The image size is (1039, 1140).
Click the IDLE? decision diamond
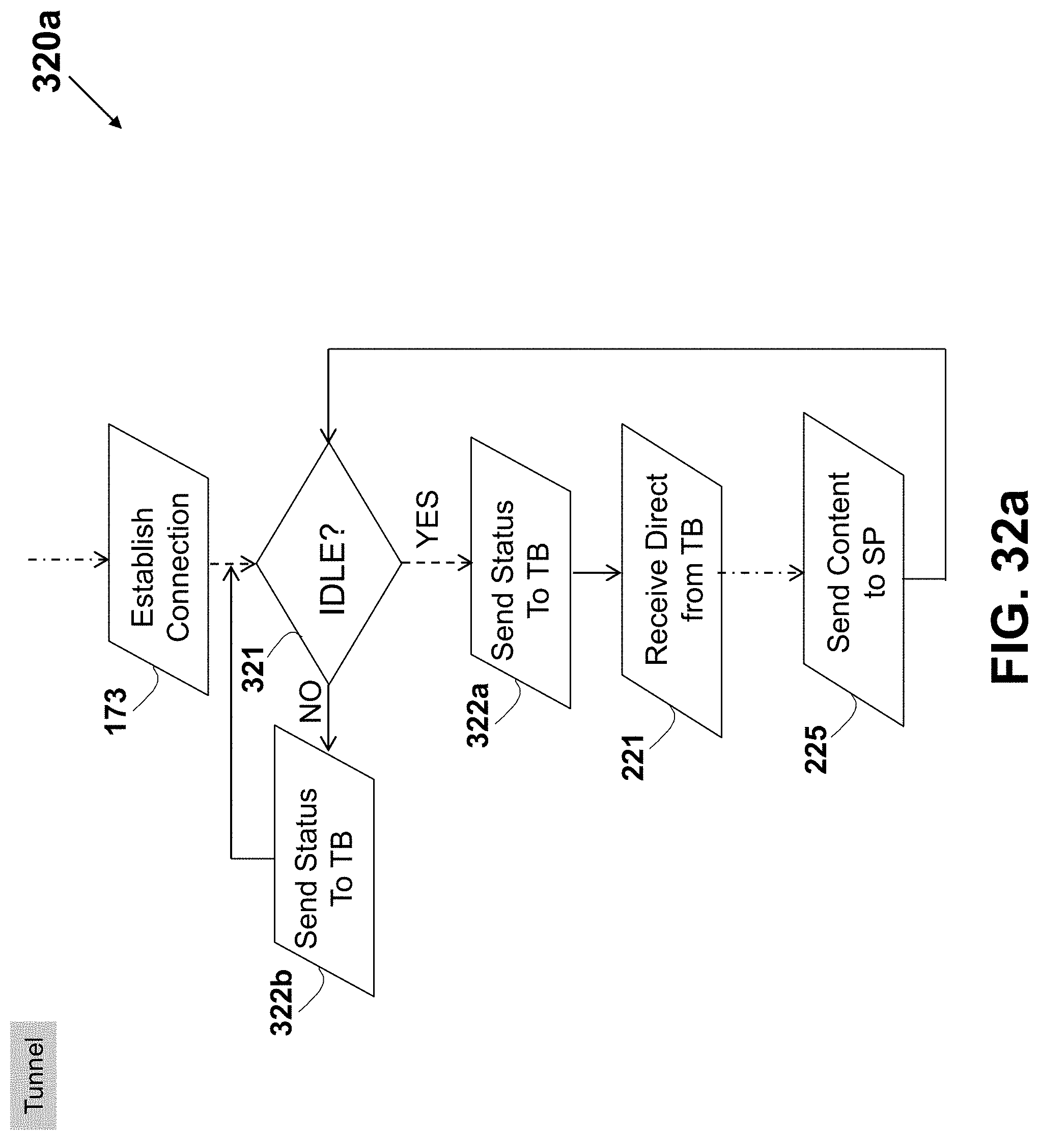click(329, 563)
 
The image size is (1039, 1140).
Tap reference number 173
click(116, 711)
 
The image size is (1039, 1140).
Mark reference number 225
click(816, 749)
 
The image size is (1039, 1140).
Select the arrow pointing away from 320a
click(95, 102)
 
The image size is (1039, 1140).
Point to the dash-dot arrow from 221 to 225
click(762, 573)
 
